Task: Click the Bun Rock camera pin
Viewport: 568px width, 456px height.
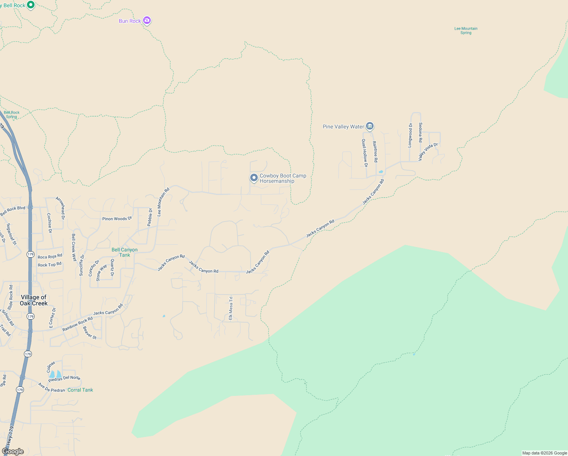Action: (147, 21)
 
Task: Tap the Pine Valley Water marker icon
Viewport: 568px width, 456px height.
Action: (370, 126)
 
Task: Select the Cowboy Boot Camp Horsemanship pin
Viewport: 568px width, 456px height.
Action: (254, 177)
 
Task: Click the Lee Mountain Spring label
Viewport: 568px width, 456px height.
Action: (466, 31)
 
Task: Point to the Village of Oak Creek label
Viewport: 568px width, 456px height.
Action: (33, 300)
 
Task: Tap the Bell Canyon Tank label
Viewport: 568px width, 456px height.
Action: (125, 252)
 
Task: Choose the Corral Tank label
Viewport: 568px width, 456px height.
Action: (80, 390)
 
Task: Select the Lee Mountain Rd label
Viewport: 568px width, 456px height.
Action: (163, 202)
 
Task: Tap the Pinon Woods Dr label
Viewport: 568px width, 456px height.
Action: (117, 219)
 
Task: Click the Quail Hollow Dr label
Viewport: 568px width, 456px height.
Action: (364, 153)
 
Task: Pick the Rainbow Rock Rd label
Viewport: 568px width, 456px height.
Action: (77, 324)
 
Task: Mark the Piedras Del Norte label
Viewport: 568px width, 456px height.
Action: (64, 378)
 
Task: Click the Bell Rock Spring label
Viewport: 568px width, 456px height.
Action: (12, 114)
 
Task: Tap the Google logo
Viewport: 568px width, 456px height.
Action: (13, 451)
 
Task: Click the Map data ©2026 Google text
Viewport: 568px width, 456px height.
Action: (544, 453)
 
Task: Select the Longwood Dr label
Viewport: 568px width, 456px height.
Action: (410, 135)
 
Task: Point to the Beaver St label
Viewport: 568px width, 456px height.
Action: (90, 333)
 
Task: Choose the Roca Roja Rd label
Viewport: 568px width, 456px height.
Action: (50, 256)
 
